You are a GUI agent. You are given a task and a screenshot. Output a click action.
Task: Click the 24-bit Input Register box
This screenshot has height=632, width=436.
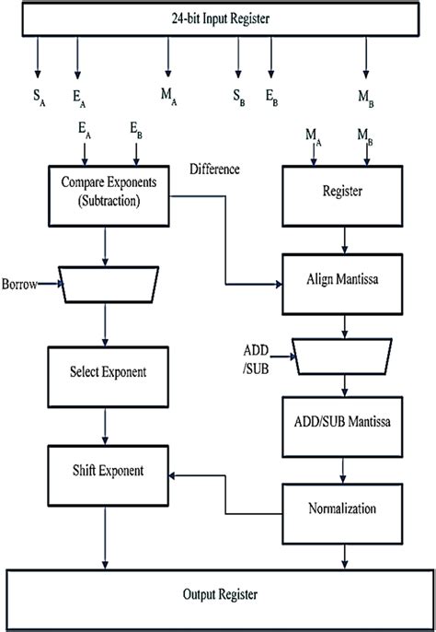point(219,18)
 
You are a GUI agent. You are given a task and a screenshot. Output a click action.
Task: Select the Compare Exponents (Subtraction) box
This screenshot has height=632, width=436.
point(109,194)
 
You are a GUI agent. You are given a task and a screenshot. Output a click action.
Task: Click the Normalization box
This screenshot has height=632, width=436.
point(345,508)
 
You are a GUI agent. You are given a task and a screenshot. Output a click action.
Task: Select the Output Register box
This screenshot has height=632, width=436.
point(219,594)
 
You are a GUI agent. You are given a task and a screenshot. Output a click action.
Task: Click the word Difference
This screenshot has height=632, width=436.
point(215,169)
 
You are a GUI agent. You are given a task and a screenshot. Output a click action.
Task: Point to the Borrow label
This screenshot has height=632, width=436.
point(21,285)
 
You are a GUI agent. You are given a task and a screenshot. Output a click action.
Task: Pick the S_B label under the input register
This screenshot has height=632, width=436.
point(238,96)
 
